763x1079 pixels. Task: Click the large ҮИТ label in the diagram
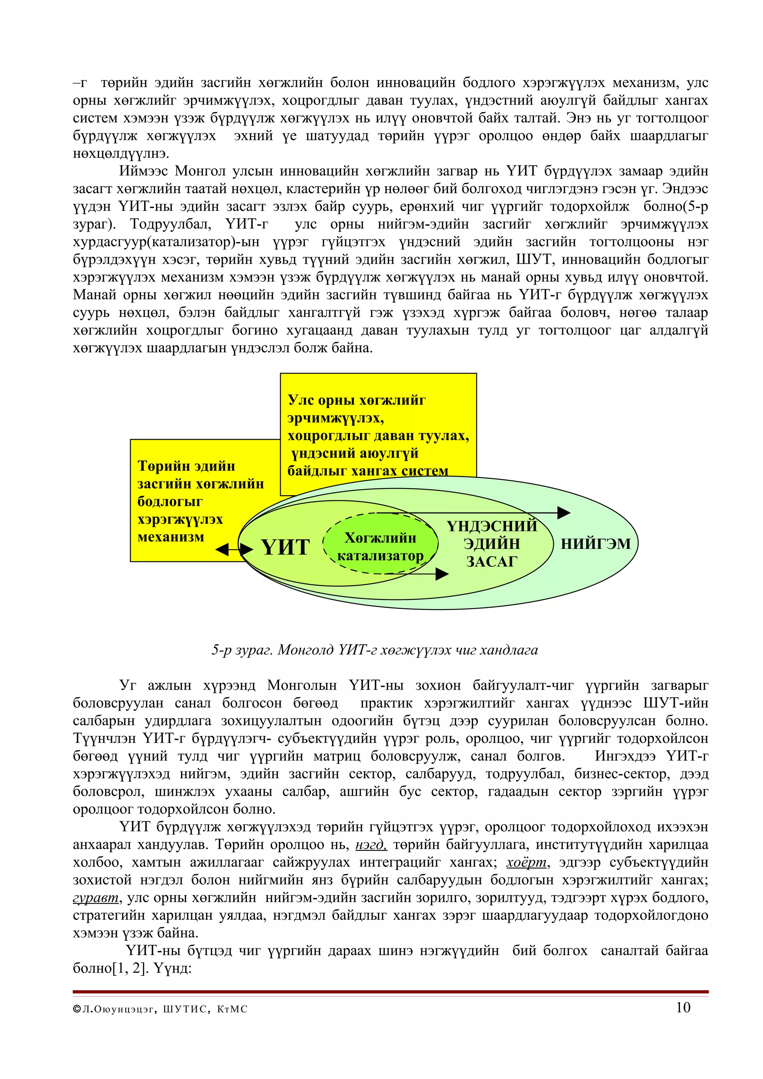(x=285, y=547)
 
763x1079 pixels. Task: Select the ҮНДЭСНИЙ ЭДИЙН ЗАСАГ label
(x=492, y=543)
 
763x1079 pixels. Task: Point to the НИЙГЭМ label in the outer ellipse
(x=595, y=544)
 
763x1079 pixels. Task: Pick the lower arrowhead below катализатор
(x=441, y=574)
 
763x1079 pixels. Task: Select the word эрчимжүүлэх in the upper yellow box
(x=335, y=418)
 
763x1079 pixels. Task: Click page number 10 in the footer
(x=683, y=1007)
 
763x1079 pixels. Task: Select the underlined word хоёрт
(x=526, y=862)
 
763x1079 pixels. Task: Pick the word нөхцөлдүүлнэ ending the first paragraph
(x=121, y=154)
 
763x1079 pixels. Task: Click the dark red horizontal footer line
(x=390, y=992)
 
